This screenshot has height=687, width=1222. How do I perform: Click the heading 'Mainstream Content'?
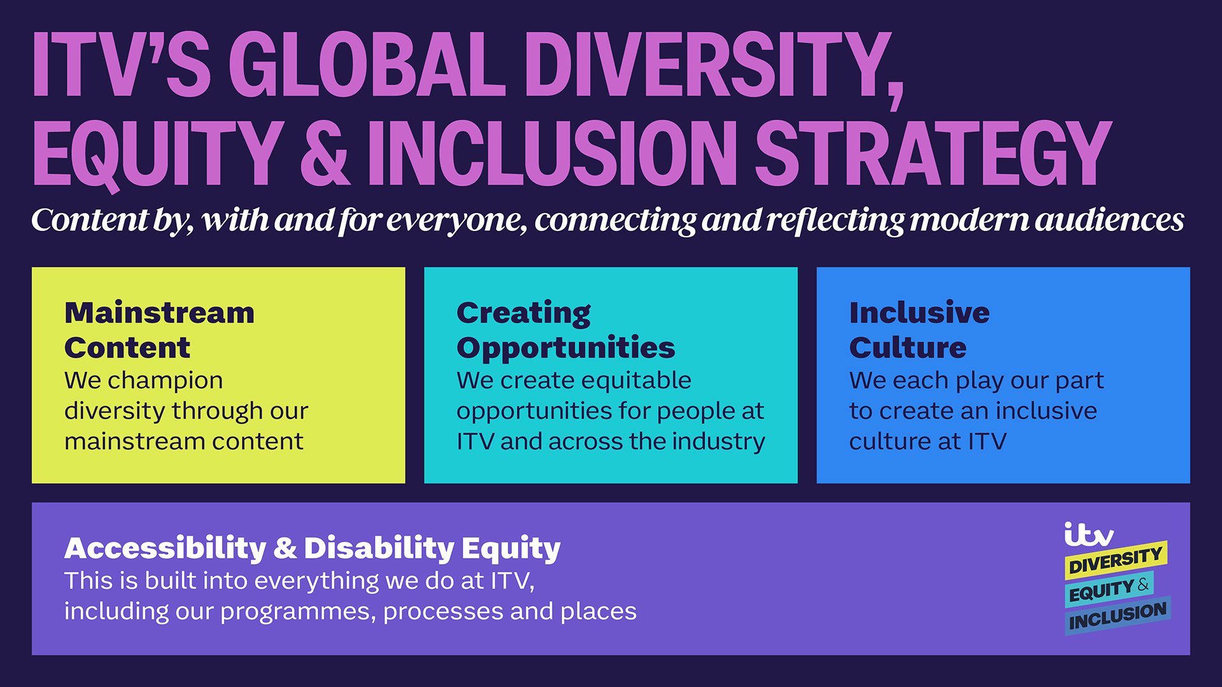point(159,330)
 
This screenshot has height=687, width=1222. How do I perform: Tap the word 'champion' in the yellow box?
point(165,381)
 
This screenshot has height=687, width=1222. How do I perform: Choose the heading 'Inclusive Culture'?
point(920,330)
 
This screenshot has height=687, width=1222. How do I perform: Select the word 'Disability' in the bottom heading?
point(379,549)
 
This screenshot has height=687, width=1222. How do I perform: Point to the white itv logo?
point(1088,534)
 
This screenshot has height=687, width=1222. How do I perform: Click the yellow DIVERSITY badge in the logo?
point(1116,560)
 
